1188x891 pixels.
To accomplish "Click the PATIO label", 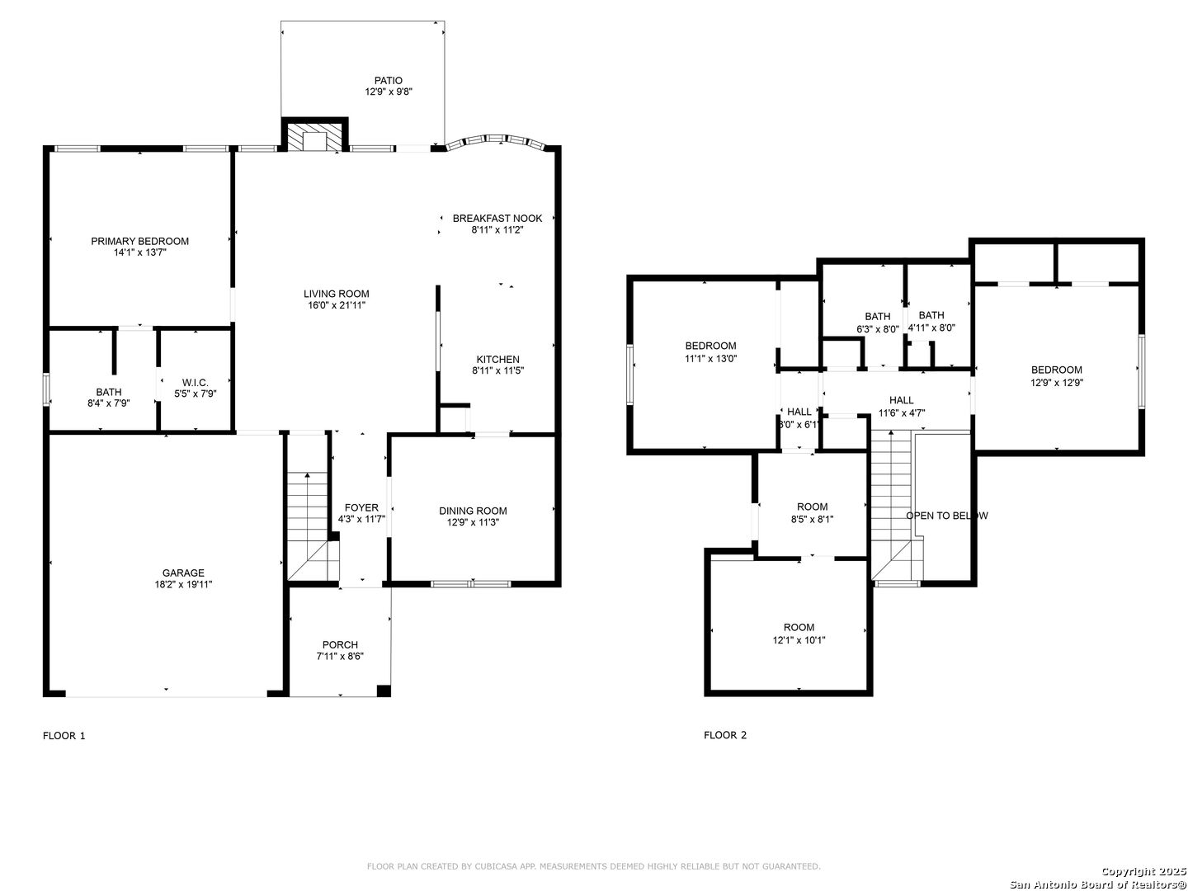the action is coord(388,81).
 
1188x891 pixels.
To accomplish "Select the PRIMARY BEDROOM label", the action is coord(139,241).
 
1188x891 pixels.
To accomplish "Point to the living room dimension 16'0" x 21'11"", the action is coord(337,305).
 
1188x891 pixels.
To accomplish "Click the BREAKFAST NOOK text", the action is coord(497,219).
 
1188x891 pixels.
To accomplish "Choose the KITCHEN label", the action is coord(498,359).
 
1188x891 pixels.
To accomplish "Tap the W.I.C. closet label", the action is coord(196,383).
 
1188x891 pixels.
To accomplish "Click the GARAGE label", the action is coord(183,573).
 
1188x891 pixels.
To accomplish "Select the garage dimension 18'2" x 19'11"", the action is coord(183,584).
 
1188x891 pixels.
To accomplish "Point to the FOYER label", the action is coord(361,507).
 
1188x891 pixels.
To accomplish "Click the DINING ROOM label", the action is coord(473,511).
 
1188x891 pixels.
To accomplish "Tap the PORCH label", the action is coord(340,645).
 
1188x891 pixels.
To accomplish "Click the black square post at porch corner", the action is coord(384,691).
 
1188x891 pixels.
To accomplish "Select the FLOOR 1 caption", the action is coord(64,736).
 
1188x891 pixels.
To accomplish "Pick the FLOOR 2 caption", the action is coord(724,735).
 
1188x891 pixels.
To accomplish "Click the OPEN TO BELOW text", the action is coord(946,516).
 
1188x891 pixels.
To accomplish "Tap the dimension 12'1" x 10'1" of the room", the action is coord(799,640).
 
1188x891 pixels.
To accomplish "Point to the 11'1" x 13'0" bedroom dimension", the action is coord(710,358).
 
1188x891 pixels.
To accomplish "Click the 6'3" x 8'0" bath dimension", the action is coord(877,328).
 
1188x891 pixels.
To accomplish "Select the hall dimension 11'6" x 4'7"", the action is coord(901,412).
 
